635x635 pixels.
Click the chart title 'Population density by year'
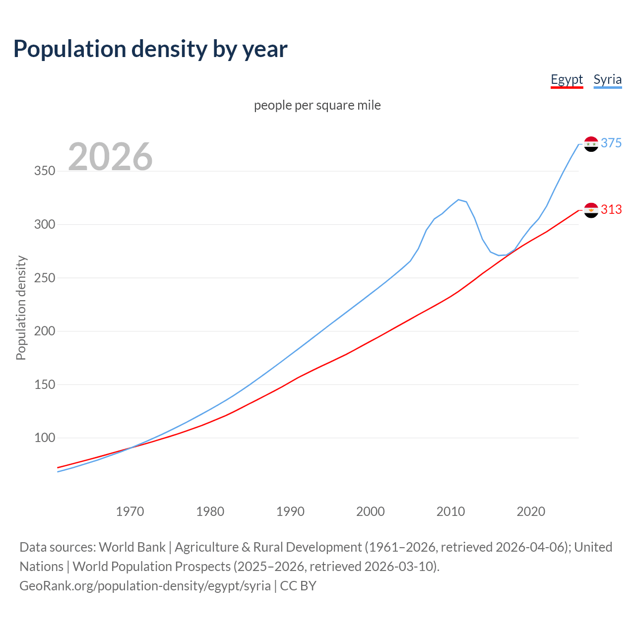coord(150,49)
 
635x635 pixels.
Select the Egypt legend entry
coord(567,80)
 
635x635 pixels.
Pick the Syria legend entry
coord(607,80)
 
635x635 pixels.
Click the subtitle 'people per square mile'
coord(317,105)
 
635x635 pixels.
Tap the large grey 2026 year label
coord(110,157)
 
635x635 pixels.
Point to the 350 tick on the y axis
coord(45,171)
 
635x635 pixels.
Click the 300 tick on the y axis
coord(45,225)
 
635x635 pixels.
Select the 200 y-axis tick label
coord(45,331)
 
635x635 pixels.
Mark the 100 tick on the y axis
coord(45,438)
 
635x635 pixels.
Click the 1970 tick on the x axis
coord(130,511)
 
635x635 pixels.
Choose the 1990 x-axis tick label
coord(290,511)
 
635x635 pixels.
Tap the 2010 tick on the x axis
coord(450,511)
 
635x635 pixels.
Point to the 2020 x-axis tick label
coord(531,511)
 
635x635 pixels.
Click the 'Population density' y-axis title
coord(21,308)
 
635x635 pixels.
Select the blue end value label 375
coord(611,143)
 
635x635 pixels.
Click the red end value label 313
coord(611,209)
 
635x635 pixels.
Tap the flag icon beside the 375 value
coord(591,144)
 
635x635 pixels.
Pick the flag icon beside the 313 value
coord(591,210)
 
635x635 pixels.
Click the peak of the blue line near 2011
coord(458,199)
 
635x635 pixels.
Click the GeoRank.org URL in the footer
coord(145,586)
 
